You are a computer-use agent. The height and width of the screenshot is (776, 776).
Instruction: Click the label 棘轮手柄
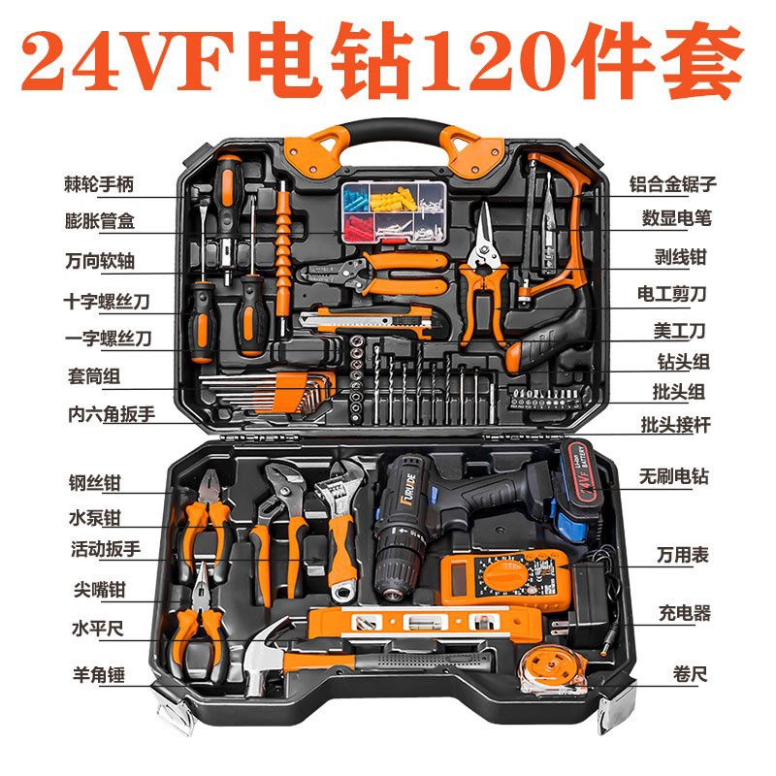coord(99,184)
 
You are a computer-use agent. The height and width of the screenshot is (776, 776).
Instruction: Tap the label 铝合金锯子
coord(672,184)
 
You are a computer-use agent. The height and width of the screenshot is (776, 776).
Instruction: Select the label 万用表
coord(683,555)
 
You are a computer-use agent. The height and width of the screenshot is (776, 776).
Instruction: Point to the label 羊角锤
coord(99,674)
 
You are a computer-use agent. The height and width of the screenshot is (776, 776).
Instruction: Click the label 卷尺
coord(690,673)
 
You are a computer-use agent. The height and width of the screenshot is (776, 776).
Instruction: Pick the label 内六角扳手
coord(112,414)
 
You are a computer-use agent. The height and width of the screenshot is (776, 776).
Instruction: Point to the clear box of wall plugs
coord(393,212)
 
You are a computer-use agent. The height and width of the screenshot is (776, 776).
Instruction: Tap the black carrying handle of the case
coord(394,134)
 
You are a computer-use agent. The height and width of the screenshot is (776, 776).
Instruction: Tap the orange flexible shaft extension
coord(283,258)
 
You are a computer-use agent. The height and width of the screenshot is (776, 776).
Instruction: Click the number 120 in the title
coord(495,60)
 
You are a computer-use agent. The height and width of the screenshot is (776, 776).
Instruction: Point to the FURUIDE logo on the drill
coord(408,490)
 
